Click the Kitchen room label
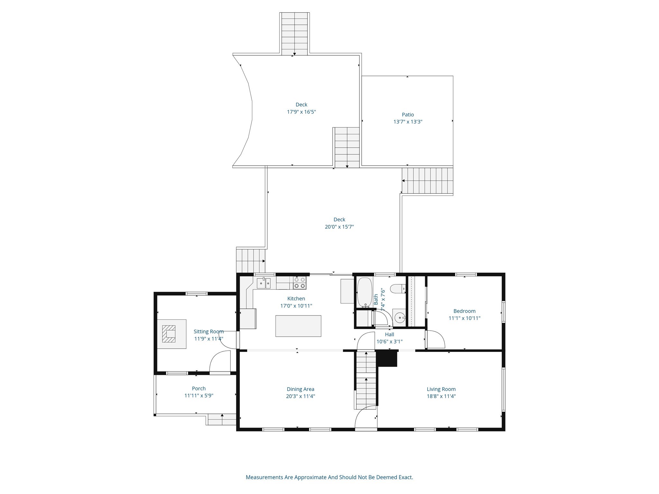(x=296, y=298)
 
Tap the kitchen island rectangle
(x=298, y=326)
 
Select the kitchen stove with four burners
(x=299, y=283)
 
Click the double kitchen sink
(x=264, y=283)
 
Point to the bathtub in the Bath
(x=365, y=292)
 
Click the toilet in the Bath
(x=398, y=288)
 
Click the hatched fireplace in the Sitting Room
(x=169, y=334)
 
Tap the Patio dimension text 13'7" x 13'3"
(x=407, y=122)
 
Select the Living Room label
(x=441, y=389)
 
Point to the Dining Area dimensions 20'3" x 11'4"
(x=300, y=396)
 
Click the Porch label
(x=199, y=388)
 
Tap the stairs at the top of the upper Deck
(x=294, y=34)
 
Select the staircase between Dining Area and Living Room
(x=366, y=380)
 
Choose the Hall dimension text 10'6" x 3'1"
(x=389, y=342)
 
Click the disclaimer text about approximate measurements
(x=329, y=477)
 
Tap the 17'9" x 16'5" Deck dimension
(x=301, y=112)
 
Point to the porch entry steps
(x=222, y=419)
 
